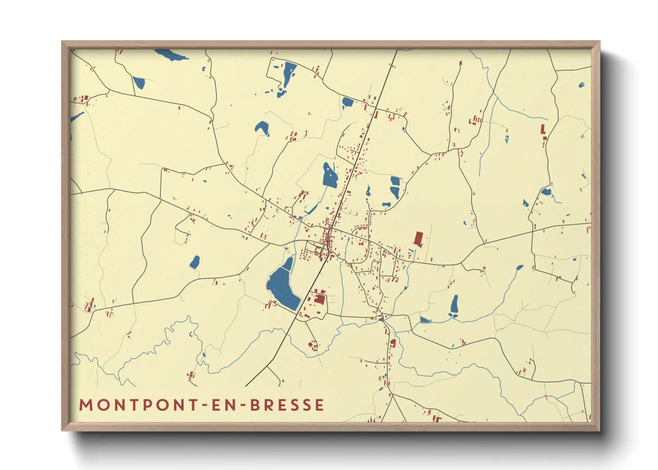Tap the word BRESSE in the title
(287, 405)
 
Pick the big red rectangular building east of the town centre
(418, 238)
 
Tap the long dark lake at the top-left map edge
(171, 55)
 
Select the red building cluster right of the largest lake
(318, 297)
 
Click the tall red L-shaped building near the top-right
(543, 130)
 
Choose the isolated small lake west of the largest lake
(195, 262)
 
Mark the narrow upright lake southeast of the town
(454, 305)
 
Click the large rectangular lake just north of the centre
(330, 175)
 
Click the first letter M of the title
(85, 405)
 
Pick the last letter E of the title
(319, 405)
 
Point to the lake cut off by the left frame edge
(76, 117)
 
